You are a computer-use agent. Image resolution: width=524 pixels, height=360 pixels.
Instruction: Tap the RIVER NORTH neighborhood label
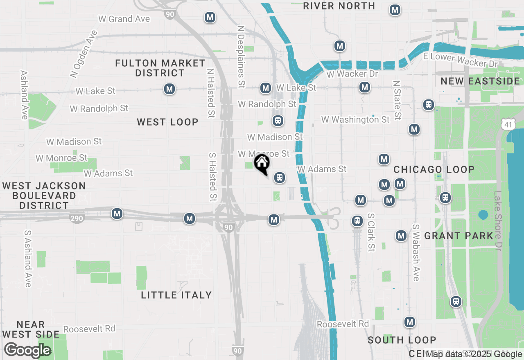[x=339, y=6]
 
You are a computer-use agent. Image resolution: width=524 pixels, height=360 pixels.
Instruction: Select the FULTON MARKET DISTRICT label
[x=160, y=68]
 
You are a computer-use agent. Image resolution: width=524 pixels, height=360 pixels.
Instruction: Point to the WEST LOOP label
[x=167, y=122]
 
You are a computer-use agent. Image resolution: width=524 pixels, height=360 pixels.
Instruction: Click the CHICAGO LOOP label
[x=434, y=169]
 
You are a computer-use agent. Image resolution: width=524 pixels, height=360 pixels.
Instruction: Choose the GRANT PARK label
[x=458, y=236]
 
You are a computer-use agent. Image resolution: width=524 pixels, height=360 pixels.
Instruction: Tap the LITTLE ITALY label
[x=176, y=295]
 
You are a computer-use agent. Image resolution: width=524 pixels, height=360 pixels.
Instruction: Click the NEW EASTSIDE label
[x=480, y=81]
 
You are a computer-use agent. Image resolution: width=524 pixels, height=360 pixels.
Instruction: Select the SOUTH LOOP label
[x=402, y=340]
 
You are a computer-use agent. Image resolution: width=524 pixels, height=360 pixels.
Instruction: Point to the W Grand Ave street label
[x=124, y=19]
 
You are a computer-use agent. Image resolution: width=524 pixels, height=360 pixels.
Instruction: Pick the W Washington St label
[x=355, y=119]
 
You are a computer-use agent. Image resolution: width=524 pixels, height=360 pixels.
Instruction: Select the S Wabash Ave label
[x=416, y=252]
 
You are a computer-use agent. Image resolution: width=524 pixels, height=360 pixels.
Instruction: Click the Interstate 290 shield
[x=77, y=218]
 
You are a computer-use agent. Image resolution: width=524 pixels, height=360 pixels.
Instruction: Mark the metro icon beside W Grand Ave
[x=210, y=18]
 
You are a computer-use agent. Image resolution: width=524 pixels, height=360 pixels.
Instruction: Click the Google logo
[x=27, y=350]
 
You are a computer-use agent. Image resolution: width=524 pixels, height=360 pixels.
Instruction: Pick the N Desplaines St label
[x=241, y=57]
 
